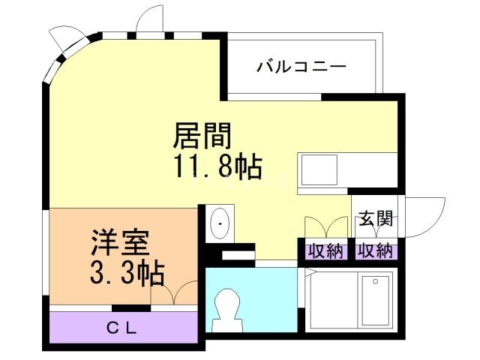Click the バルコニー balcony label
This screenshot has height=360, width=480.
click(301, 67)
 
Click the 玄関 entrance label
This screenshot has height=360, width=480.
click(375, 219)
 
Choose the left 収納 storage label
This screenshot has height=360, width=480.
click(325, 250)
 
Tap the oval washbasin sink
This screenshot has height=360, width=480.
click(220, 223)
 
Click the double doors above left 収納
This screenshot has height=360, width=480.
click(325, 227)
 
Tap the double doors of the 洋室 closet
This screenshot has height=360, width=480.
click(174, 293)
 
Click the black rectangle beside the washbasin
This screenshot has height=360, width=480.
click(238, 256)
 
